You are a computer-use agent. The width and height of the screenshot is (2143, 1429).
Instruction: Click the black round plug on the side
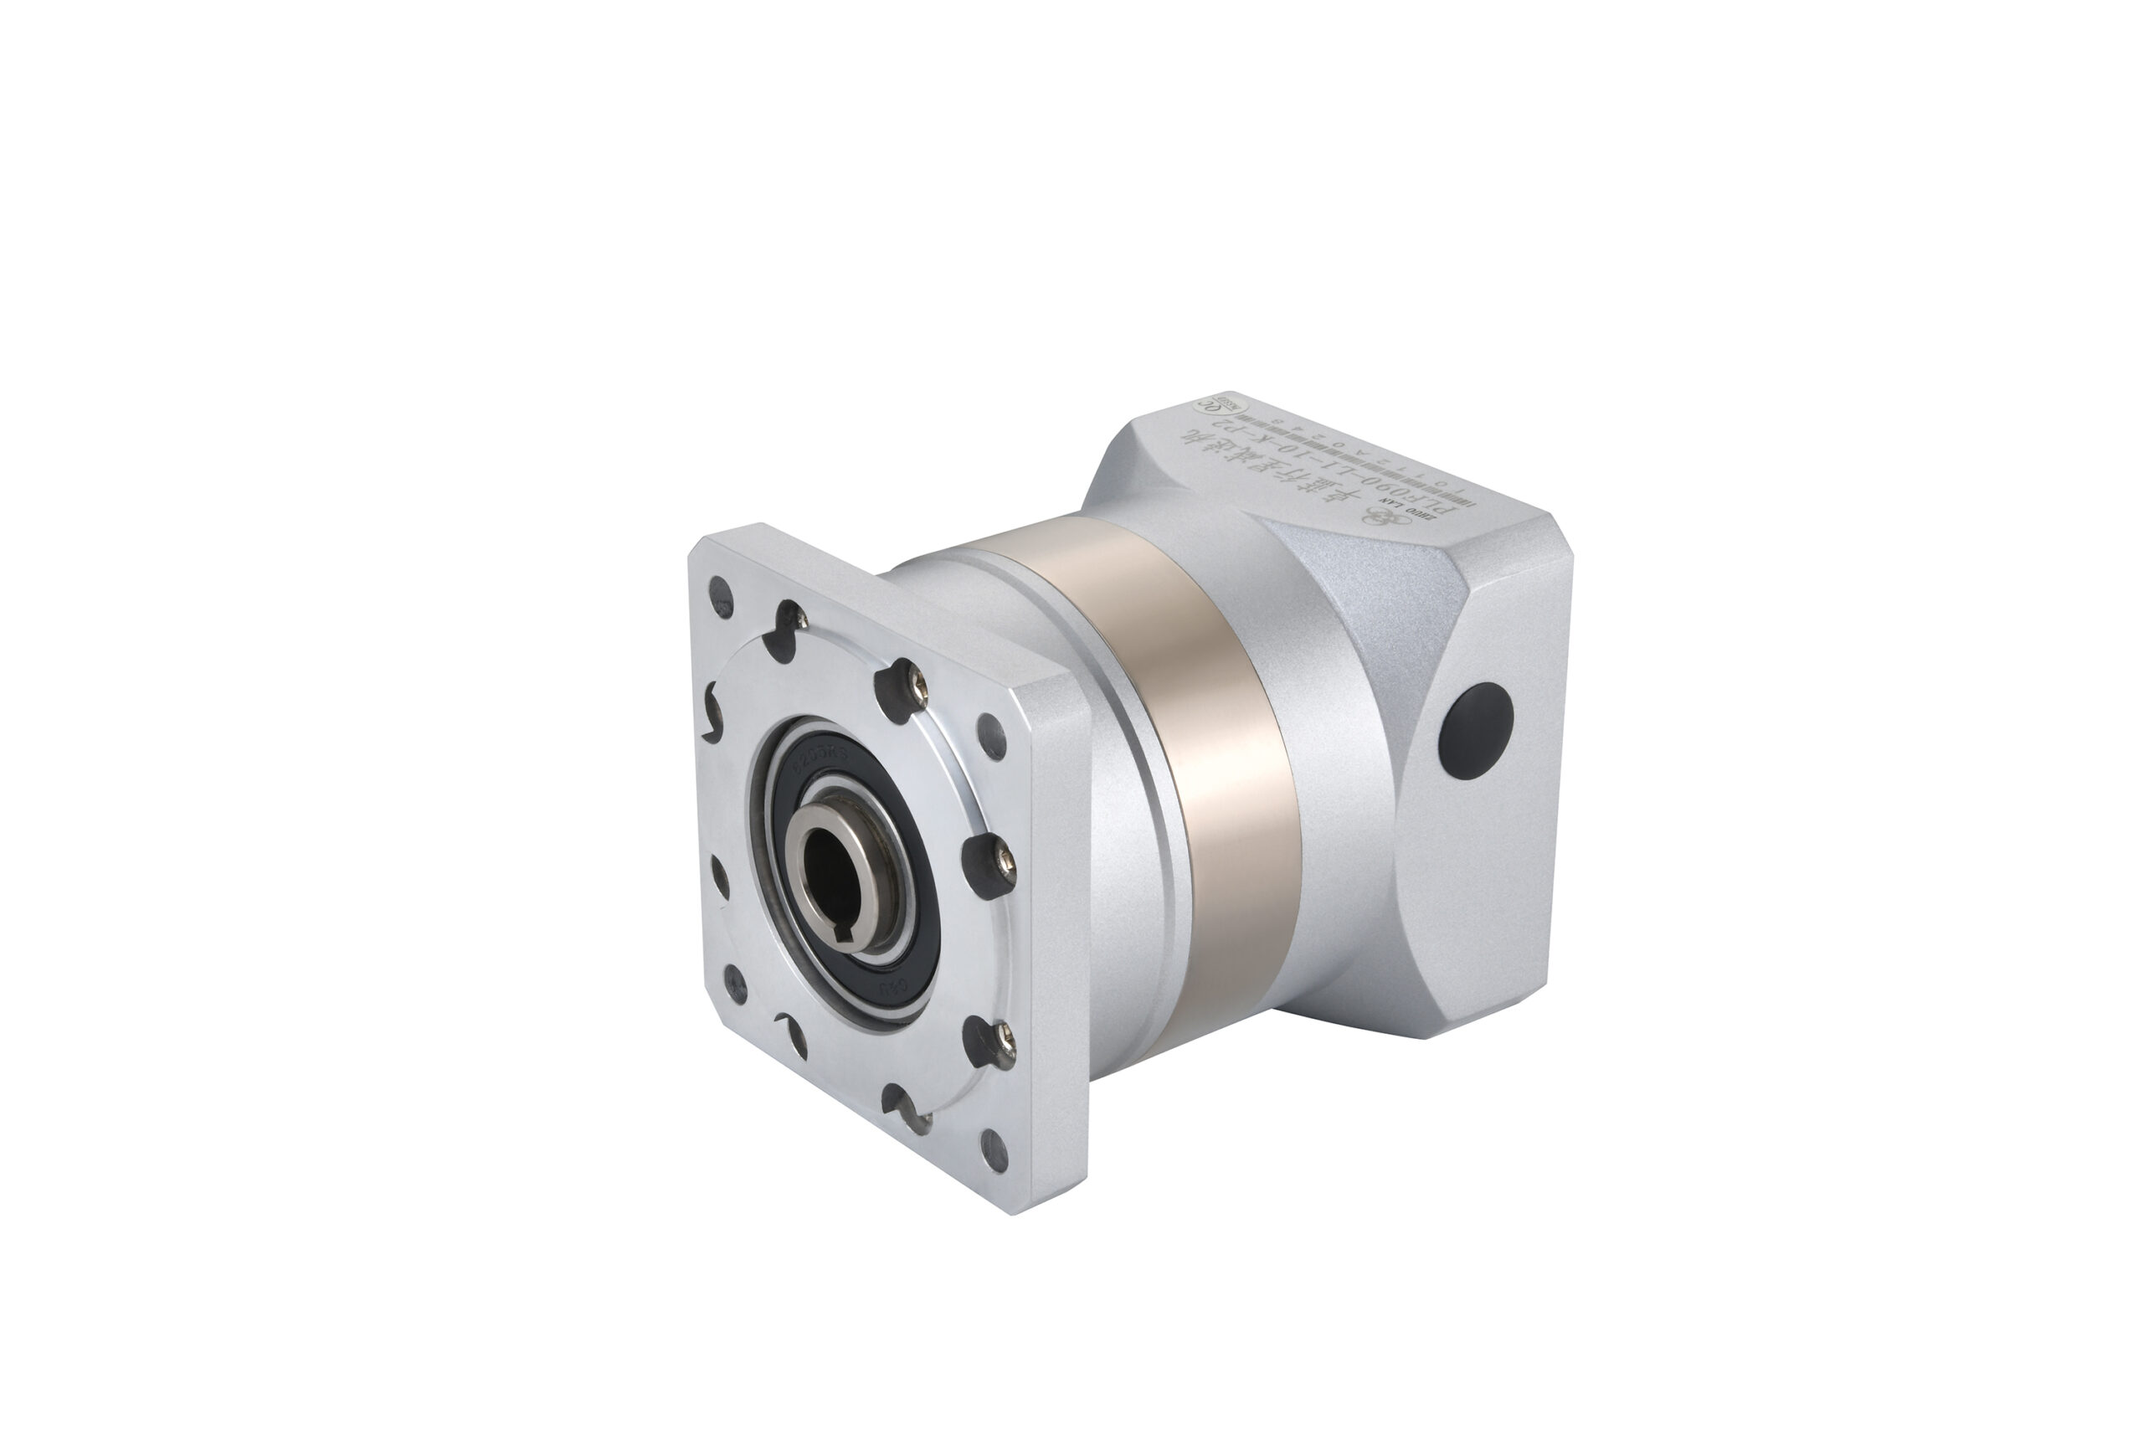click(x=1475, y=731)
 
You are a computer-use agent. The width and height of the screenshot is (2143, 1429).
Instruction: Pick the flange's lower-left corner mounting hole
click(x=733, y=984)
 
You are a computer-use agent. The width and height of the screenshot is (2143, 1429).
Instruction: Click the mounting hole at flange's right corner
click(x=992, y=737)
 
